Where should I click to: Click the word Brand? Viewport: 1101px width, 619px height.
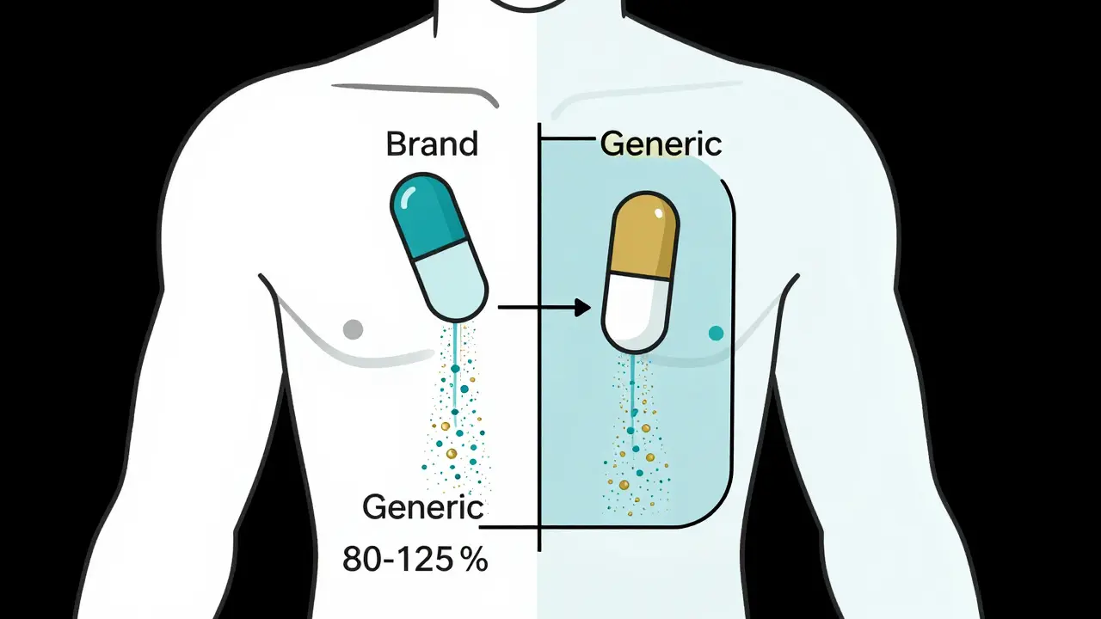pos(432,143)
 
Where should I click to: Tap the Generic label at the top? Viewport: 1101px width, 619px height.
pos(661,144)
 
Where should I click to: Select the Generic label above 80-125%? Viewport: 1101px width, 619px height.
pos(422,507)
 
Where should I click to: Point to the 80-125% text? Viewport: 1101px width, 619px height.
pos(415,559)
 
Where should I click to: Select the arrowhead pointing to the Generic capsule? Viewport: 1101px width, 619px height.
pos(583,307)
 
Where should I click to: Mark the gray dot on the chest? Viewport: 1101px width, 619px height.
pos(353,328)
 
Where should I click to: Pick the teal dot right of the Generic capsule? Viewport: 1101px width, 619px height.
pos(716,333)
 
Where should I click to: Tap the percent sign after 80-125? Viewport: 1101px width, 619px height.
pos(474,560)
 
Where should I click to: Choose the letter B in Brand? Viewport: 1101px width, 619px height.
pos(396,143)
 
